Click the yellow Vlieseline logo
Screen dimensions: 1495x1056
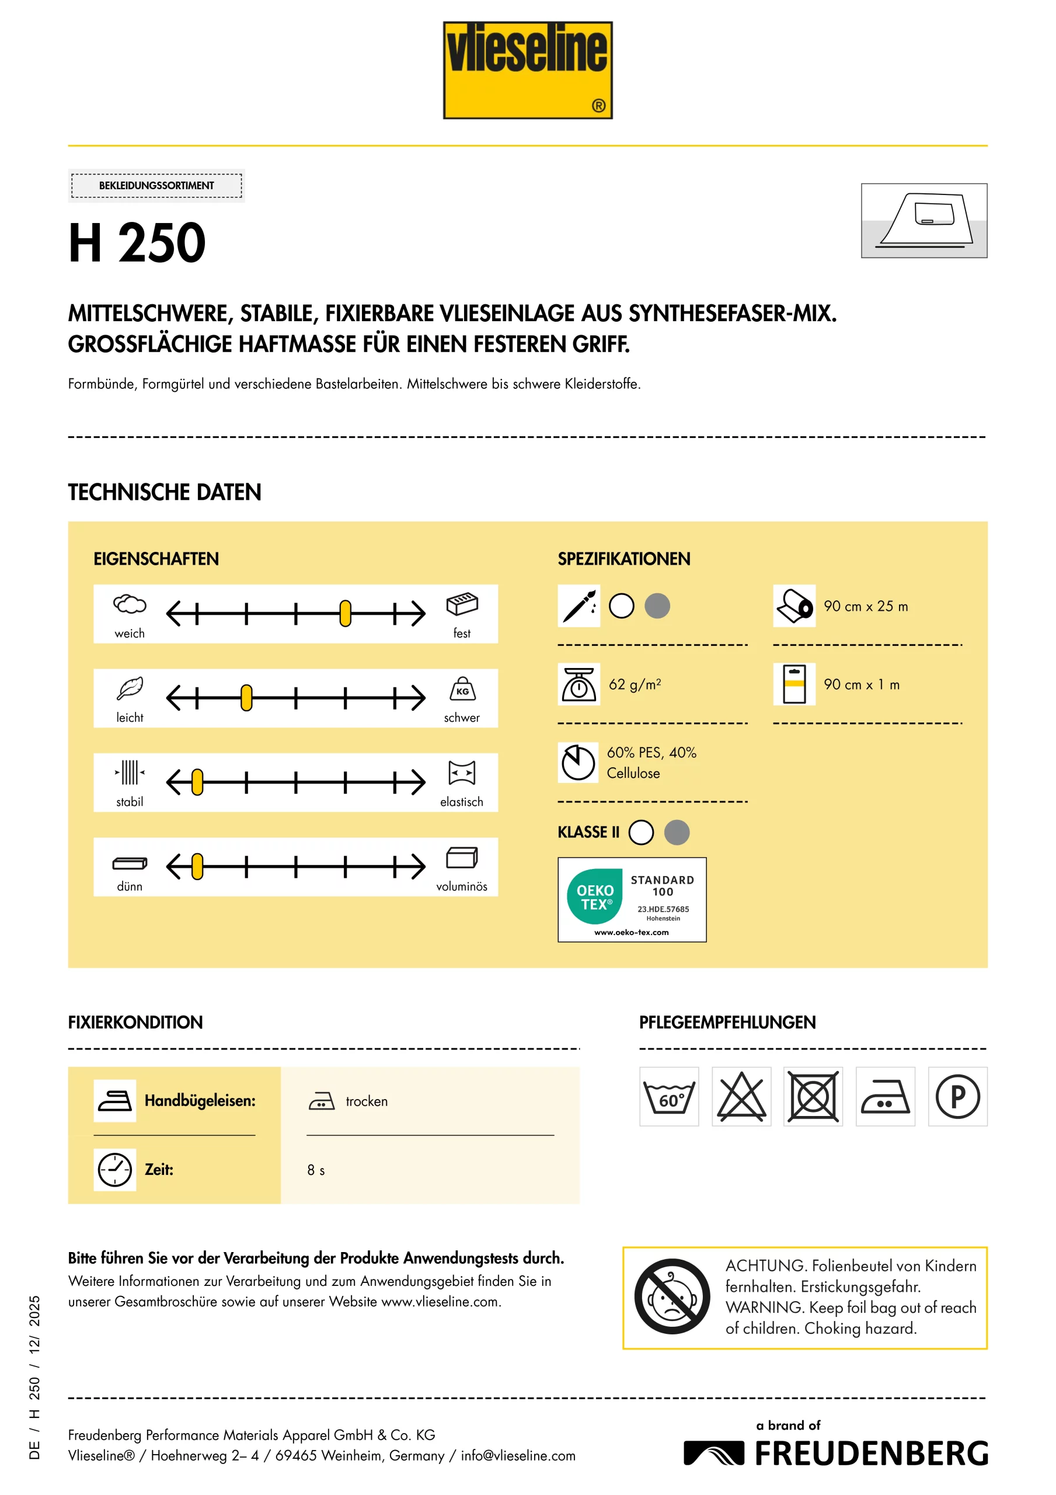pyautogui.click(x=527, y=70)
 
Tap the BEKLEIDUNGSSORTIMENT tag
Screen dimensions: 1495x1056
pyautogui.click(x=156, y=186)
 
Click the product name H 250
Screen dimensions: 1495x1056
pyautogui.click(x=137, y=243)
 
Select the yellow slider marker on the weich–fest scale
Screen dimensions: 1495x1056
pyautogui.click(x=345, y=613)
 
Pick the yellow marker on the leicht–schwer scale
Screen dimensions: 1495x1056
pyautogui.click(x=246, y=697)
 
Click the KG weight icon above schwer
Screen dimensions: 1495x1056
pyautogui.click(x=462, y=689)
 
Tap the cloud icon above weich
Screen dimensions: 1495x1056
pyautogui.click(x=130, y=604)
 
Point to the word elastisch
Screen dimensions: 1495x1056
pyautogui.click(x=462, y=802)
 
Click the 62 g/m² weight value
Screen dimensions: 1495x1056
pyautogui.click(x=635, y=684)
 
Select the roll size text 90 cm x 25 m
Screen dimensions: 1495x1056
pyautogui.click(x=865, y=606)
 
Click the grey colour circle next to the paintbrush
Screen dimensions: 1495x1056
pyautogui.click(x=657, y=606)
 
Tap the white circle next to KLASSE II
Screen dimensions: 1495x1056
pyautogui.click(x=642, y=832)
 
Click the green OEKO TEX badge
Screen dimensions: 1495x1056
pyautogui.click(x=594, y=896)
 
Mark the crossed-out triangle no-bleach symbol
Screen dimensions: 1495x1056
pyautogui.click(x=741, y=1097)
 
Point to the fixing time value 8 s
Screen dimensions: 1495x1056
pyautogui.click(x=316, y=1170)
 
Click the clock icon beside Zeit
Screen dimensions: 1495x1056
pyautogui.click(x=114, y=1170)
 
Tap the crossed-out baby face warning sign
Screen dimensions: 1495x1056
pyautogui.click(x=672, y=1296)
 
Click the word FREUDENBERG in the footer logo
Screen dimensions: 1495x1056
pyautogui.click(x=871, y=1454)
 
